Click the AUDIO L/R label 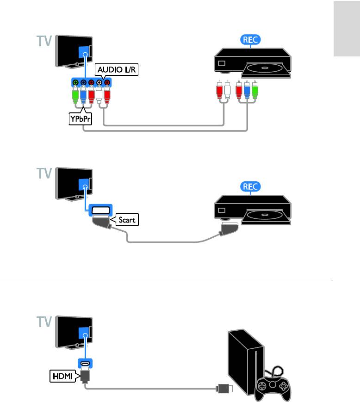click(117, 70)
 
